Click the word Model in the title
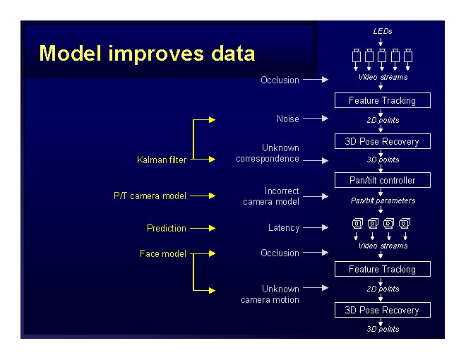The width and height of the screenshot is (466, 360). (68, 54)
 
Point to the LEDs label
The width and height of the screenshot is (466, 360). (382, 31)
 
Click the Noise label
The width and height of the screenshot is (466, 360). (287, 119)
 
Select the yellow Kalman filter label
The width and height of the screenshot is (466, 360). (162, 160)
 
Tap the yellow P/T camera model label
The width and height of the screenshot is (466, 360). (150, 196)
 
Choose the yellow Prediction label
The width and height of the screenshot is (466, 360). (167, 228)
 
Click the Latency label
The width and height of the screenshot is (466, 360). (284, 228)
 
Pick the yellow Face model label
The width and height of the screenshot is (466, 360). (163, 253)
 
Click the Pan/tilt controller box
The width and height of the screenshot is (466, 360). (382, 180)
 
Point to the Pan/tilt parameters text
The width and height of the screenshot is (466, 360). (382, 200)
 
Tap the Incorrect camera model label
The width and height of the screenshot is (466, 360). (272, 196)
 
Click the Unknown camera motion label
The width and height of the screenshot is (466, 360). (270, 294)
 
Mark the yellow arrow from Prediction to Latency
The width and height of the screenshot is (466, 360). (202, 228)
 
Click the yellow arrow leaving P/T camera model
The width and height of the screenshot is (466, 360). (202, 196)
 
